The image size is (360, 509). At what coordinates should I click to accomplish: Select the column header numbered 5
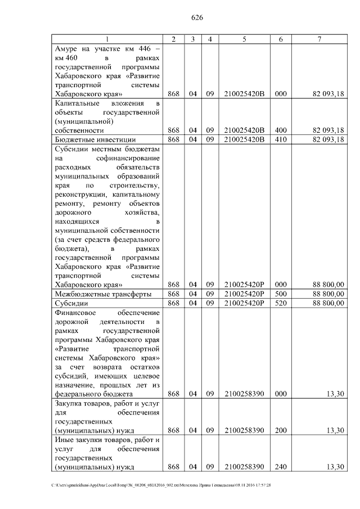[x=244, y=39]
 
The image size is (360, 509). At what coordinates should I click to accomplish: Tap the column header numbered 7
[x=319, y=39]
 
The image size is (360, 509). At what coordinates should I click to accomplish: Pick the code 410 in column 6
[x=281, y=139]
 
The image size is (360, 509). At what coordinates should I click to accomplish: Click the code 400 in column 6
[x=281, y=130]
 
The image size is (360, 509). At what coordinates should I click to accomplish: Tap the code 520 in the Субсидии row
[x=281, y=303]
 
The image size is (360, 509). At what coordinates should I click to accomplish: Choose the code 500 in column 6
[x=281, y=294]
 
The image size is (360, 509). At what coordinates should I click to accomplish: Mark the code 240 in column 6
[x=281, y=467]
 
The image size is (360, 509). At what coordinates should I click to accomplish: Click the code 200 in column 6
[x=281, y=430]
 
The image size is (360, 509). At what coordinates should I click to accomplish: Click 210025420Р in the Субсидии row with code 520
[x=244, y=303]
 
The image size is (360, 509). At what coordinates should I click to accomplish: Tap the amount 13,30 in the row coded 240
[x=335, y=467]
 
